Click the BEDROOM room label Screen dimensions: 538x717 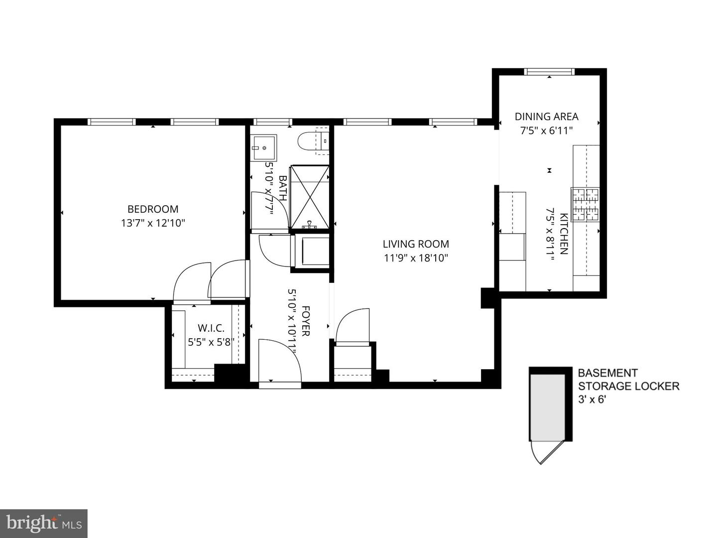point(153,209)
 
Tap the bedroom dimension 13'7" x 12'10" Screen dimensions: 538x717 point(153,223)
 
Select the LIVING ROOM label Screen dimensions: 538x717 point(416,244)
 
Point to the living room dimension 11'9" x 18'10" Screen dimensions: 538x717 point(416,258)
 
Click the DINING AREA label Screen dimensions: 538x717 point(546,117)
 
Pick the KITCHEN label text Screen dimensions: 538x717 point(564,234)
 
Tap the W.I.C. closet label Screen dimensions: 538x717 point(211,328)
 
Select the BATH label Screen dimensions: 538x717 point(282,188)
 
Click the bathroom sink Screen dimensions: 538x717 point(263,147)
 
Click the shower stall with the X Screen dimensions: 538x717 point(310,196)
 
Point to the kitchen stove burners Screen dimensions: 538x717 point(586,204)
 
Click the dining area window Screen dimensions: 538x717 point(549,72)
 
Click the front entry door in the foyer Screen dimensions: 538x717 point(280,361)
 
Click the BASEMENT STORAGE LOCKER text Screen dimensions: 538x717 point(628,379)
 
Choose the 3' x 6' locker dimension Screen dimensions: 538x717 point(592,399)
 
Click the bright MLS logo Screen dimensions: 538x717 point(44,523)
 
